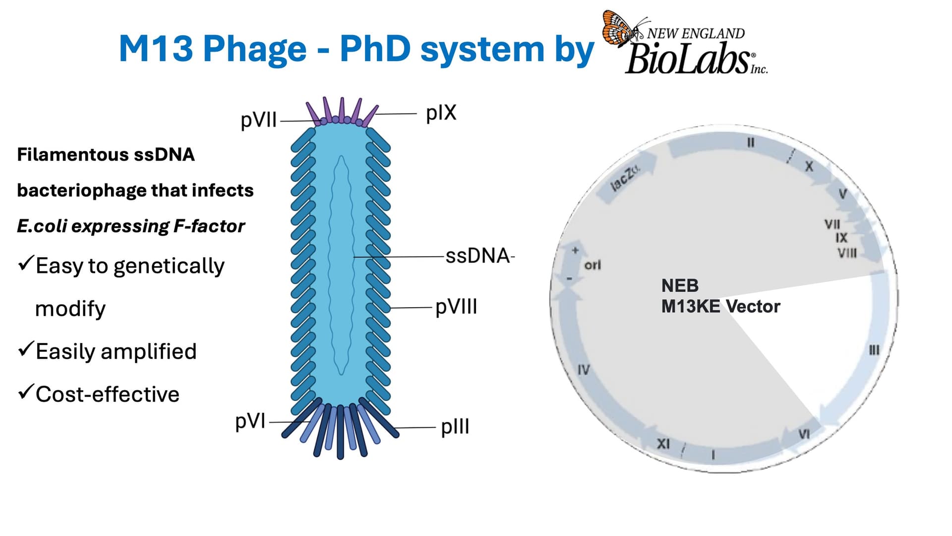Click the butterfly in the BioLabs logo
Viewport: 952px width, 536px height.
coord(620,29)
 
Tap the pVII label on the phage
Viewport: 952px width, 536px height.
coord(258,120)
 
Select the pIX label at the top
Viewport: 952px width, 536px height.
coord(441,113)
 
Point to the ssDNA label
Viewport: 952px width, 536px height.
coord(477,256)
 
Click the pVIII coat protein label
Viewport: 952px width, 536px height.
coord(456,307)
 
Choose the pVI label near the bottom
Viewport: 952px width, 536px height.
coord(250,421)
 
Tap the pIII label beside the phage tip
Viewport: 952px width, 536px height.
coord(455,427)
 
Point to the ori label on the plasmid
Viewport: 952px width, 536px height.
coord(593,265)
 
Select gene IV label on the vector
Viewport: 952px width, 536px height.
coord(584,370)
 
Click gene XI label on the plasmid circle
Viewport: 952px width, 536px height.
coord(663,443)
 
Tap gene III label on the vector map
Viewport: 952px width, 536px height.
coord(874,350)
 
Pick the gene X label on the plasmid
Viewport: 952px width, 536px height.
coord(809,166)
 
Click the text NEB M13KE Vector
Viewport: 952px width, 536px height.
coord(720,296)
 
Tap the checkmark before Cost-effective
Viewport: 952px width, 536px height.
coord(25,392)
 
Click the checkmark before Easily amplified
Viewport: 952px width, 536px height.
coord(25,349)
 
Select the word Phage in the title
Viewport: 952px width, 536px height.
coord(255,49)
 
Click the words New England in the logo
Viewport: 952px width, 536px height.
coord(696,34)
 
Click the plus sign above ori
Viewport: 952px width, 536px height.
coord(575,251)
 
